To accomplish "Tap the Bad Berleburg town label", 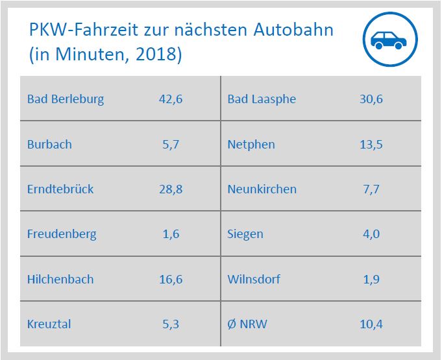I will tap(66, 99).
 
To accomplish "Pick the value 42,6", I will tap(171, 99).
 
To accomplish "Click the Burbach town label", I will tap(49, 144).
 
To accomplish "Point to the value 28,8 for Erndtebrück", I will tap(171, 189).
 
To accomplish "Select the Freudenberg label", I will tap(62, 234).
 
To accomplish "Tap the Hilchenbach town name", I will tap(60, 280).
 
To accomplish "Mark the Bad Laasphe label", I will tap(262, 99).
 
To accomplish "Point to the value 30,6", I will tap(371, 99).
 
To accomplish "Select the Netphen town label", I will tap(251, 144).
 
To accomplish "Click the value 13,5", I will tap(371, 144).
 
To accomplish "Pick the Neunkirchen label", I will tap(262, 189).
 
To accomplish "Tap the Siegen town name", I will tap(245, 234).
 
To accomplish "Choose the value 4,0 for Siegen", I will tap(371, 234).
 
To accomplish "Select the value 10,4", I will tap(371, 324).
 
